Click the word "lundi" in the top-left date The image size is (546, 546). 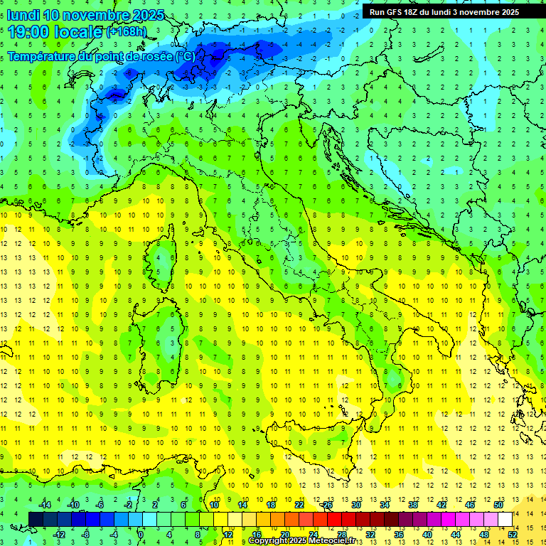pos(23,15)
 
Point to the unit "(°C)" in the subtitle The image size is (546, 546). pos(184,56)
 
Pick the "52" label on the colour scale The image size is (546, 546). pos(513,534)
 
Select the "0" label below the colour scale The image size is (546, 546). pos(141,534)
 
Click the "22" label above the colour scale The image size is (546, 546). pos(299,505)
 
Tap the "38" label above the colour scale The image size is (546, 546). pos(412,505)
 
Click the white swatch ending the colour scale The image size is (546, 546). pos(505,519)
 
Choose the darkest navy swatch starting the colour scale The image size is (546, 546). pos(36,519)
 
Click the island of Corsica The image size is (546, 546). pos(164,260)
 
